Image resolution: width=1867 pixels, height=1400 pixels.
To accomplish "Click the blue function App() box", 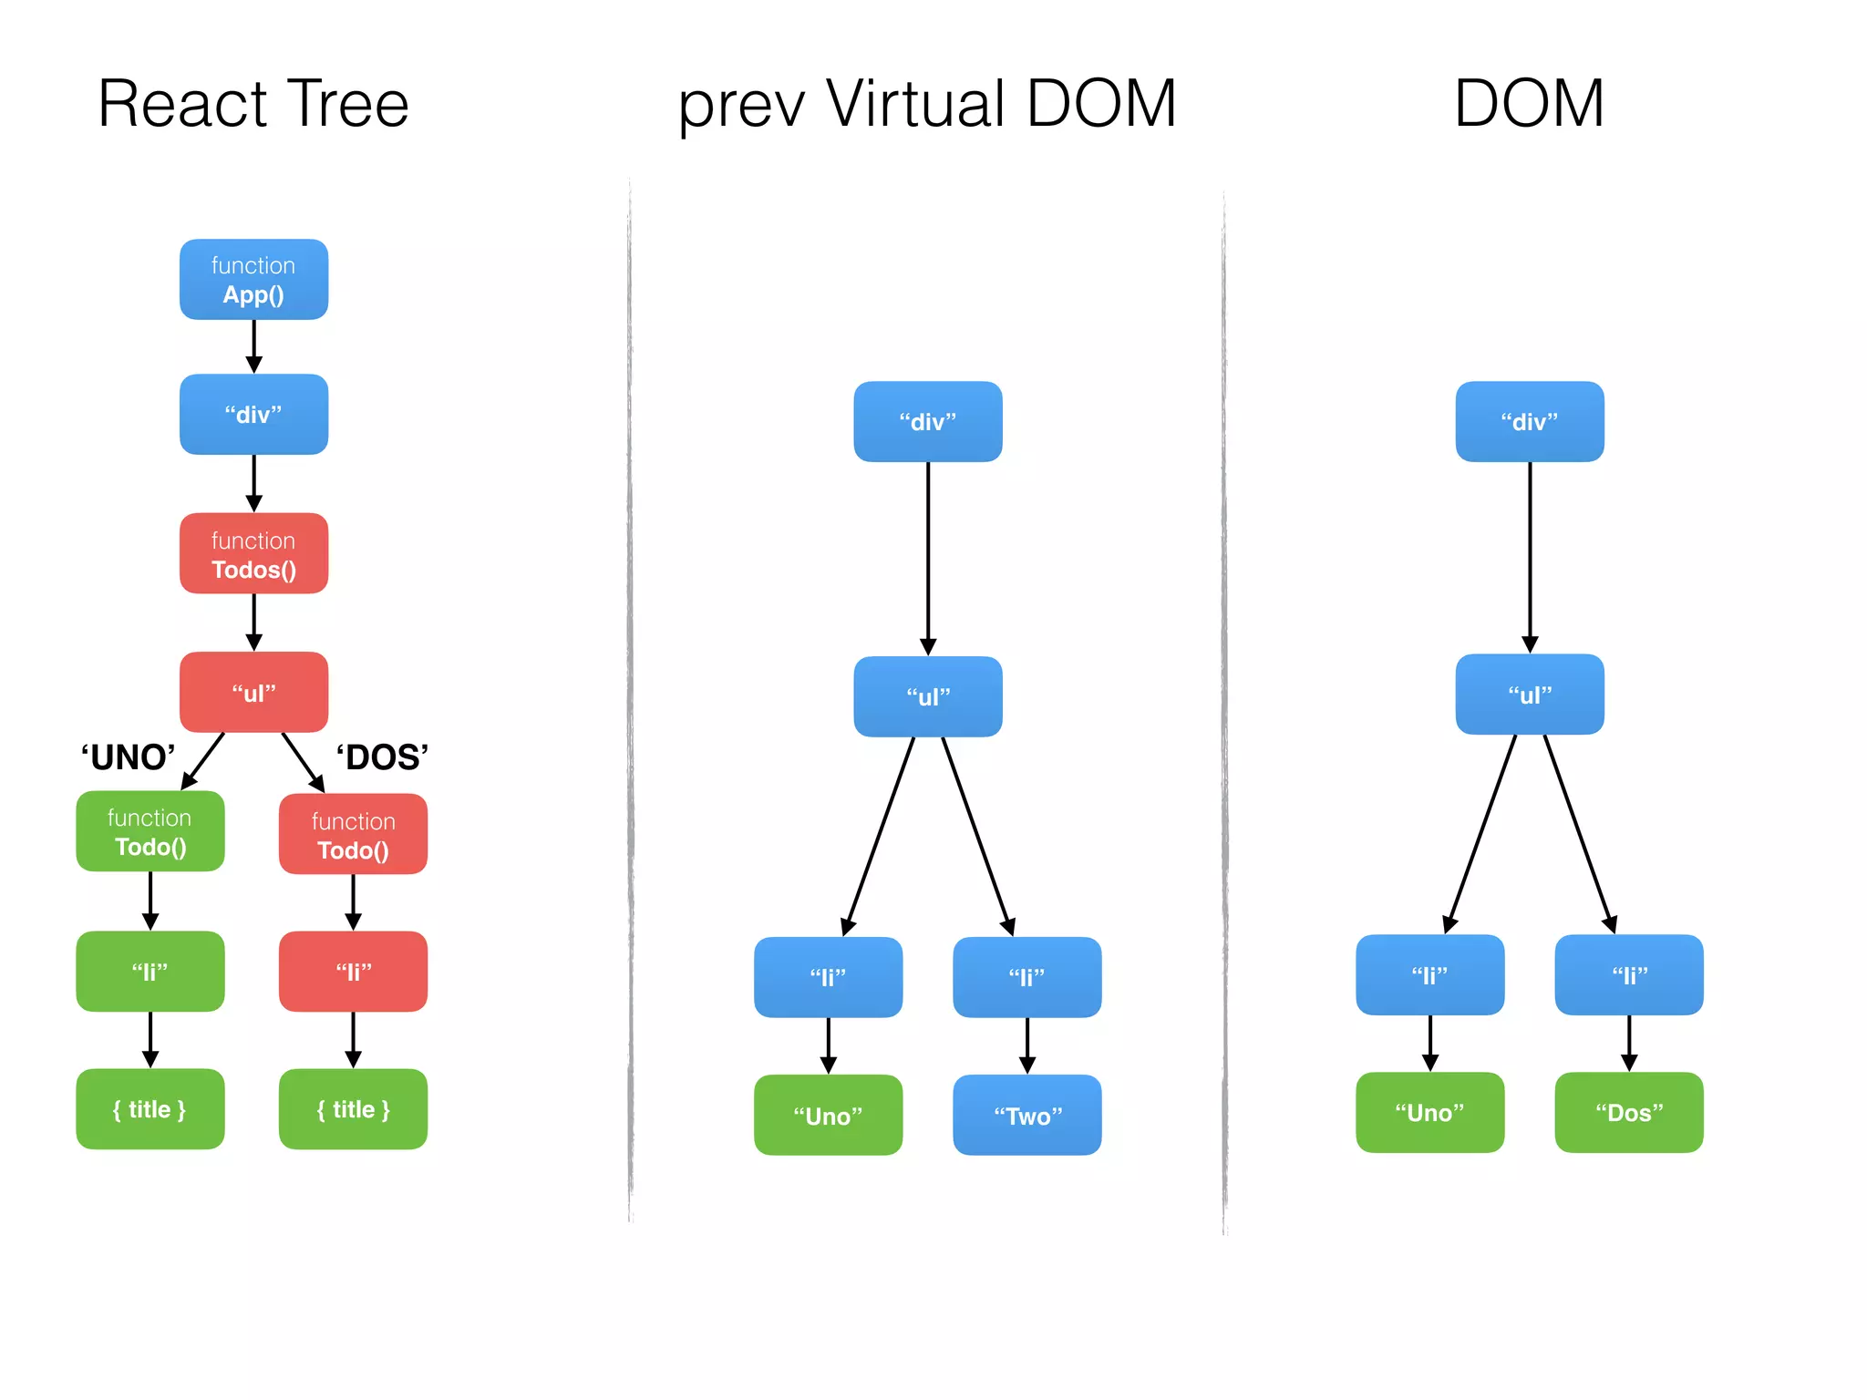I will point(253,280).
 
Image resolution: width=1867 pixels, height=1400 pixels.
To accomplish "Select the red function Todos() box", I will point(253,554).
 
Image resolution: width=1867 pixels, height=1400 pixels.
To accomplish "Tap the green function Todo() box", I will point(150,831).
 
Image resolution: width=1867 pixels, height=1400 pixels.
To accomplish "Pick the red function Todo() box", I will point(353,835).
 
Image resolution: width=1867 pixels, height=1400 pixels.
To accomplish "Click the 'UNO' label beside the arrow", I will point(128,757).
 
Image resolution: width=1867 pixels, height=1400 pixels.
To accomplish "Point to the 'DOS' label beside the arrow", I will point(382,757).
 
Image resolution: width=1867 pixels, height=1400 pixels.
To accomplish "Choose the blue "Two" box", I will point(1026,1116).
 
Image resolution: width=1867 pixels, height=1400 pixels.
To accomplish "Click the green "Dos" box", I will point(1628,1113).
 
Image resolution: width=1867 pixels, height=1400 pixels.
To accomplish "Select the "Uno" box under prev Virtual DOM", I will point(828,1116).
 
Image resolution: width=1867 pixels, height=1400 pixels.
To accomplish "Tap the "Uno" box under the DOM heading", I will point(1429,1113).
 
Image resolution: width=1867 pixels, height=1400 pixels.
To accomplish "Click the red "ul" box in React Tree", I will point(253,693).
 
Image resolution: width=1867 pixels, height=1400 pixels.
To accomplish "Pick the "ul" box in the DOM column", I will point(1530,695).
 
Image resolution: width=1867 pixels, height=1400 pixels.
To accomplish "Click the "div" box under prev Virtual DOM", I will point(927,422).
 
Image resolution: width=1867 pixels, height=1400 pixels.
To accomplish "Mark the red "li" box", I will point(353,972).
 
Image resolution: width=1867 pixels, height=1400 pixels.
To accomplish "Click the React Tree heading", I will point(253,104).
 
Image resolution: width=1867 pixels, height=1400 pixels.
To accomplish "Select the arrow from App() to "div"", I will point(253,346).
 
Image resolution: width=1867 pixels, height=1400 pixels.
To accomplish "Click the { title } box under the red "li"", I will point(353,1109).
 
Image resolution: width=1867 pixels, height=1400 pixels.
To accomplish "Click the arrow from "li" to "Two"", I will point(1026,1045).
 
